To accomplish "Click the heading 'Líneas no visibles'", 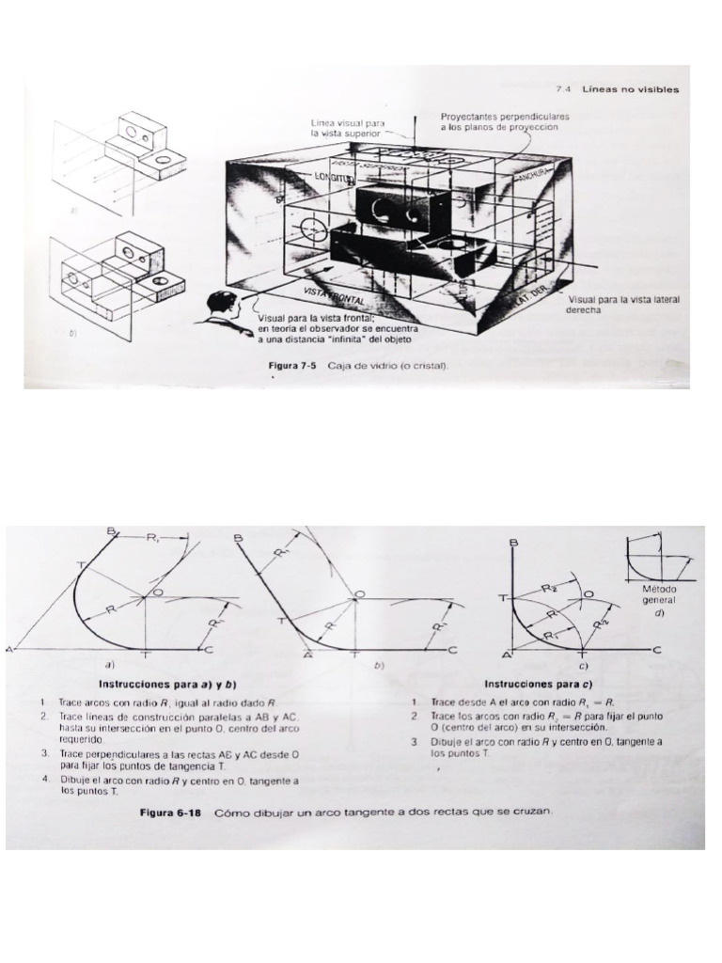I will pos(630,89).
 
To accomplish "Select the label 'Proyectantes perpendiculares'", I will pos(505,116).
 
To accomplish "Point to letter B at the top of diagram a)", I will pos(112,532).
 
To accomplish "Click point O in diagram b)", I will pos(360,594).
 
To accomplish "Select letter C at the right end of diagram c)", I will pos(657,650).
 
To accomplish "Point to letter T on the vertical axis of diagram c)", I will pos(501,597).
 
